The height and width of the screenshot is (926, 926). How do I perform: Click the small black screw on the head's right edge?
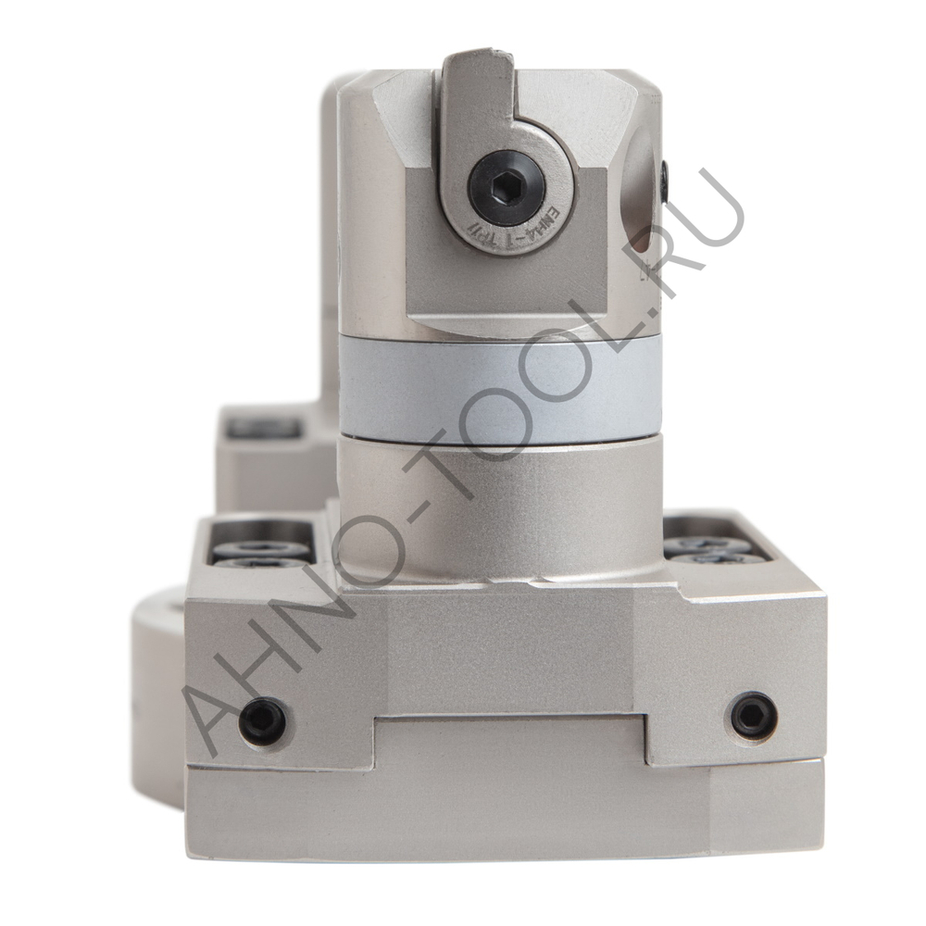pyautogui.click(x=664, y=181)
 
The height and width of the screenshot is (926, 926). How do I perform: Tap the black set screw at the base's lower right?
pyautogui.click(x=753, y=715)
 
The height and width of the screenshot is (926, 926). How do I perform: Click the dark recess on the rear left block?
pyautogui.click(x=264, y=428)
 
